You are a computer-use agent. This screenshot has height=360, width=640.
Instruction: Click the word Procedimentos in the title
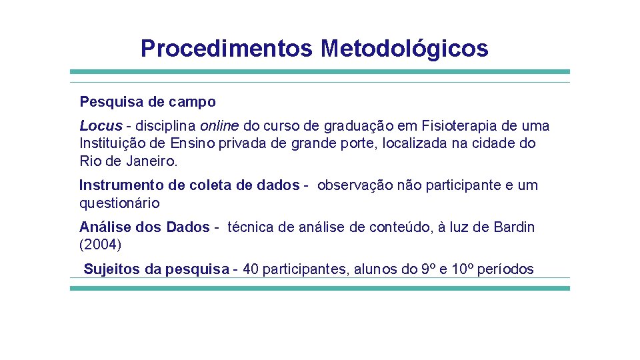pos(227,49)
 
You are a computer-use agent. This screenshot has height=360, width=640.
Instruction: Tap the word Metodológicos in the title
pos(404,49)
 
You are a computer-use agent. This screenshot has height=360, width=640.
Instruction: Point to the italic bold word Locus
pos(101,126)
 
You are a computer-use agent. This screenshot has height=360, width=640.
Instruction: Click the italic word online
pos(219,126)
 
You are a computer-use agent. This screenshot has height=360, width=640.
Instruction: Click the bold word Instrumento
pos(119,185)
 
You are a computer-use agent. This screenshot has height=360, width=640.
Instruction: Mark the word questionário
pos(119,203)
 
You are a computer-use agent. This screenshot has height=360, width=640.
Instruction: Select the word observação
pos(355,185)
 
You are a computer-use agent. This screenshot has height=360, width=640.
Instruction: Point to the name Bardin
pos(514,227)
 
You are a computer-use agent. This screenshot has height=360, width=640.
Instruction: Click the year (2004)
pos(101,245)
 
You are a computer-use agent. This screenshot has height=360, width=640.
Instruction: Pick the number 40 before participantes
pos(251,269)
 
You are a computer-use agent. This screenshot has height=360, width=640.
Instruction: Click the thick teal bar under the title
pos(320,71)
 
